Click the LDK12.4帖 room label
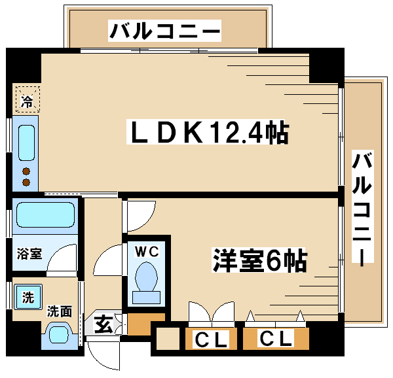[x=207, y=133]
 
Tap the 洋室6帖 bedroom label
[x=259, y=262]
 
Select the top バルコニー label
[x=165, y=30]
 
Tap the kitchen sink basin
[x=27, y=142]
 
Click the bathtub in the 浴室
[x=45, y=215]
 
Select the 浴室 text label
[x=29, y=253]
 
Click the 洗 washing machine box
[x=28, y=298]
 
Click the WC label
[x=147, y=250]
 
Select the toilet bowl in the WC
[x=147, y=278]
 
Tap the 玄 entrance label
[x=104, y=322]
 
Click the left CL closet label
[x=211, y=340]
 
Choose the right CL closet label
[x=275, y=339]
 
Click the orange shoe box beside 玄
[x=139, y=324]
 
